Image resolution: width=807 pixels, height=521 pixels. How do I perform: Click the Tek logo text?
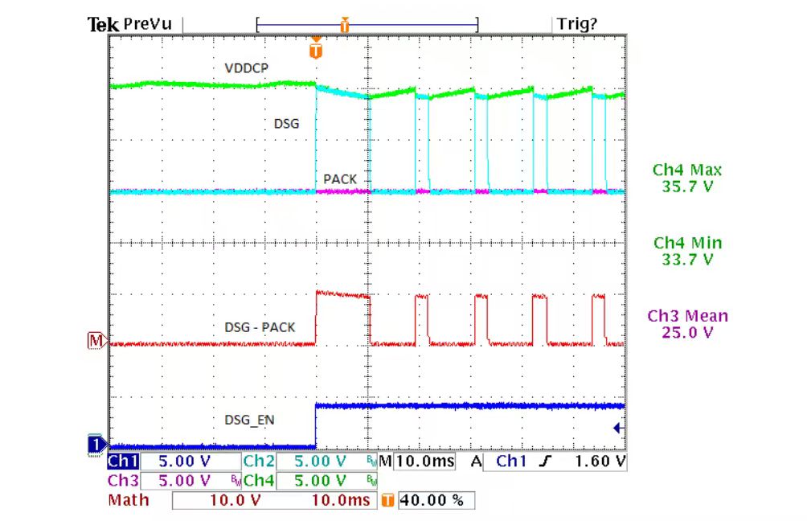(103, 24)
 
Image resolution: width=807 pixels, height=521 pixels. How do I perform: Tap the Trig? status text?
(577, 24)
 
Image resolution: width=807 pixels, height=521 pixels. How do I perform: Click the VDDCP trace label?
(246, 68)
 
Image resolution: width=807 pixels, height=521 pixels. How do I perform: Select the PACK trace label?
(340, 178)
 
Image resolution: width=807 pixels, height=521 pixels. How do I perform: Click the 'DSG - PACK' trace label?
(260, 327)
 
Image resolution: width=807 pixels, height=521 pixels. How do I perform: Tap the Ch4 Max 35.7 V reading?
(687, 178)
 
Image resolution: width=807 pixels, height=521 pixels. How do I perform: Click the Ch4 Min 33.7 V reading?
(687, 251)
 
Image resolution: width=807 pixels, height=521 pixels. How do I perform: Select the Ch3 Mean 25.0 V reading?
(687, 323)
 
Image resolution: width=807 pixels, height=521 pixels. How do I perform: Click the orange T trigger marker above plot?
(316, 51)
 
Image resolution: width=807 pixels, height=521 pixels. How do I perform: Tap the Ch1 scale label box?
(124, 462)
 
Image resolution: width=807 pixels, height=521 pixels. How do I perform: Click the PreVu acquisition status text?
(147, 24)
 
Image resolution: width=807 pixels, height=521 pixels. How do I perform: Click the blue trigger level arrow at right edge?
(618, 429)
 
